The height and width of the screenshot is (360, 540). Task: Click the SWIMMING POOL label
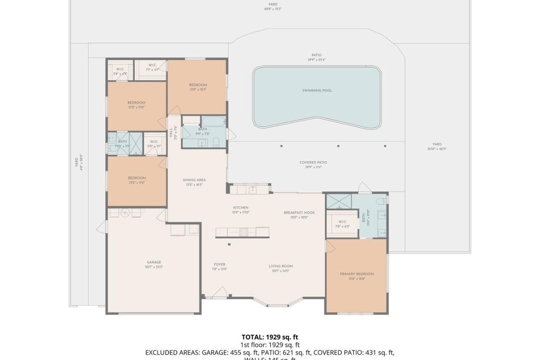pyautogui.click(x=317, y=90)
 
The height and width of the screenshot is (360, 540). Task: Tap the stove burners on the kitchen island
pyautogui.click(x=244, y=231)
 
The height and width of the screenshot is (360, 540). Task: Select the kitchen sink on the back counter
pyautogui.click(x=252, y=189)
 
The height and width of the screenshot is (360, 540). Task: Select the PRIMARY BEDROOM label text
pyautogui.click(x=357, y=274)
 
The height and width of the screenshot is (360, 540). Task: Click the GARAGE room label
pyautogui.click(x=154, y=262)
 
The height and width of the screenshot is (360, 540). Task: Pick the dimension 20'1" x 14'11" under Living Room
pyautogui.click(x=280, y=271)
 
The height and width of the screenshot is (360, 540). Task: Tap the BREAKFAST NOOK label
pyautogui.click(x=299, y=212)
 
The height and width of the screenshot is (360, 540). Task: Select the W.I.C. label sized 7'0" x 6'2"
pyautogui.click(x=342, y=224)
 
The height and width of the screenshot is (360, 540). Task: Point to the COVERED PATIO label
pyautogui.click(x=313, y=163)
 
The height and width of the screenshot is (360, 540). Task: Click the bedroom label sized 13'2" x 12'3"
pyautogui.click(x=198, y=87)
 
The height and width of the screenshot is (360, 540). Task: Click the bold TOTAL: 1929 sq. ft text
pyautogui.click(x=270, y=337)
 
